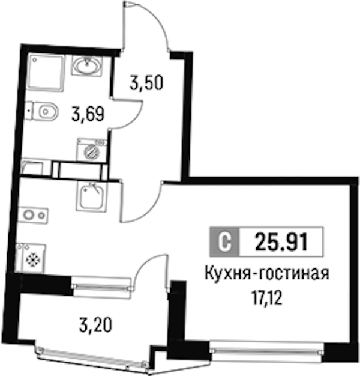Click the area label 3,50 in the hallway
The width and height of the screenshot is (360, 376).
[x=146, y=82]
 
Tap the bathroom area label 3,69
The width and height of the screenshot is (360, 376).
[x=88, y=114]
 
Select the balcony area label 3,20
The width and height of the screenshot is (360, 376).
[x=95, y=325]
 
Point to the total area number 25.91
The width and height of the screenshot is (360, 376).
[x=281, y=241]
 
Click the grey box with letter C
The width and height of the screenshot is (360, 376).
[x=224, y=241]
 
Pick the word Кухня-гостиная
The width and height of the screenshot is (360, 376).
[x=267, y=274]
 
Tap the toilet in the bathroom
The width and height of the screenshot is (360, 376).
[x=42, y=111]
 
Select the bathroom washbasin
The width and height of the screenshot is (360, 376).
[x=87, y=66]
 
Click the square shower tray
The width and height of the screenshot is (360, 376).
[x=46, y=73]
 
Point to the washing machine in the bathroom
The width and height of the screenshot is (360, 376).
[x=92, y=150]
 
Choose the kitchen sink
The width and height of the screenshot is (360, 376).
[x=91, y=196]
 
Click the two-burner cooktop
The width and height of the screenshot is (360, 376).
[x=34, y=216]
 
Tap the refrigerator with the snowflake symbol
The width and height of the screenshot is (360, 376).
[x=31, y=259]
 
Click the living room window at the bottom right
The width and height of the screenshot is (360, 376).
[x=267, y=351]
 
